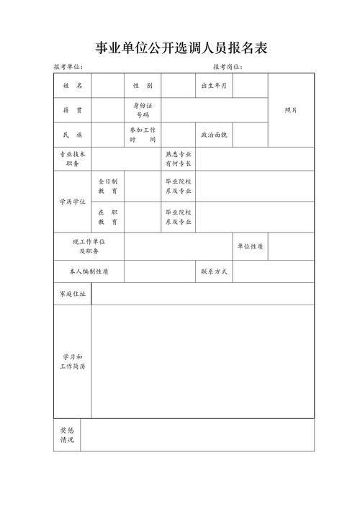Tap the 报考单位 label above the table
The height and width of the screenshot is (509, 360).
tap(68, 67)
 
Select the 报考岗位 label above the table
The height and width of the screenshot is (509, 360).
tap(228, 67)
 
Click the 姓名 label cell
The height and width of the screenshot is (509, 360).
tap(72, 86)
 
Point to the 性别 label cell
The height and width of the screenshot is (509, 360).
tap(142, 86)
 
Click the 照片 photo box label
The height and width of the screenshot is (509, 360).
tap(291, 110)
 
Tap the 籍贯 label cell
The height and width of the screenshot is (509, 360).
tap(72, 110)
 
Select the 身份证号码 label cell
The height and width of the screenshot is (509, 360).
tap(142, 110)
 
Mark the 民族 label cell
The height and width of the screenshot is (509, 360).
tap(72, 135)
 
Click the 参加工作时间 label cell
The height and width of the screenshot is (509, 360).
tap(142, 135)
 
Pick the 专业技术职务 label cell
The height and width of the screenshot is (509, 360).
tap(72, 159)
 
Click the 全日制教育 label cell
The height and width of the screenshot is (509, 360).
tap(107, 186)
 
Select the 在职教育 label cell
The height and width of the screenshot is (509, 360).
tap(107, 217)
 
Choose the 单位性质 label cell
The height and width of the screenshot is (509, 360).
tap(249, 246)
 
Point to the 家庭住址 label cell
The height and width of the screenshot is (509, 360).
tap(72, 294)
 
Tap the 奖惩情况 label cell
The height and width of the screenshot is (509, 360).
tap(66, 435)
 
